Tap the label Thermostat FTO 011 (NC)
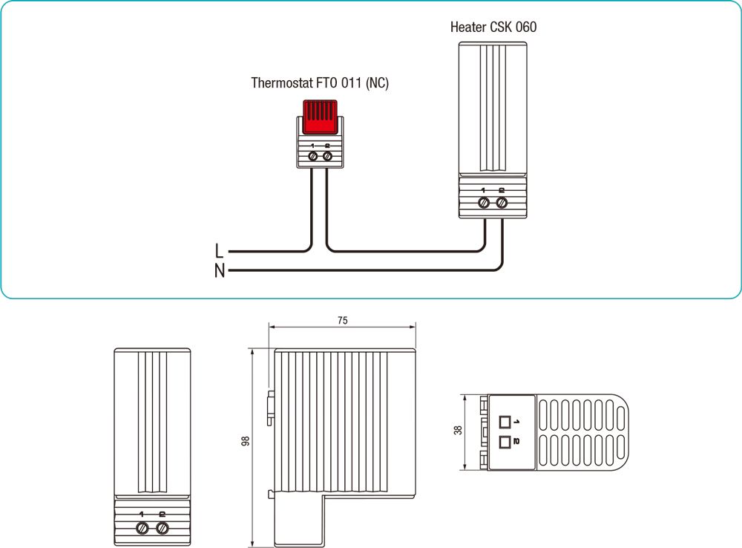[x=320, y=83]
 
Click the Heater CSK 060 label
[x=493, y=27]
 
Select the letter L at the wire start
[x=219, y=251]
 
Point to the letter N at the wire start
[x=219, y=271]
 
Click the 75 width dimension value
[x=342, y=321]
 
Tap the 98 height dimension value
[x=246, y=441]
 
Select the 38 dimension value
[x=458, y=430]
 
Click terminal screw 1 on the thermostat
[x=312, y=157]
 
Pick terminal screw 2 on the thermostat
[x=327, y=157]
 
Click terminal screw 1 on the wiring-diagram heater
[x=484, y=202]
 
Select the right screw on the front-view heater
[x=162, y=528]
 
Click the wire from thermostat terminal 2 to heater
[x=408, y=251]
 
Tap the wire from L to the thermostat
[x=267, y=251]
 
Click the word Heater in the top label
[x=467, y=27]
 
